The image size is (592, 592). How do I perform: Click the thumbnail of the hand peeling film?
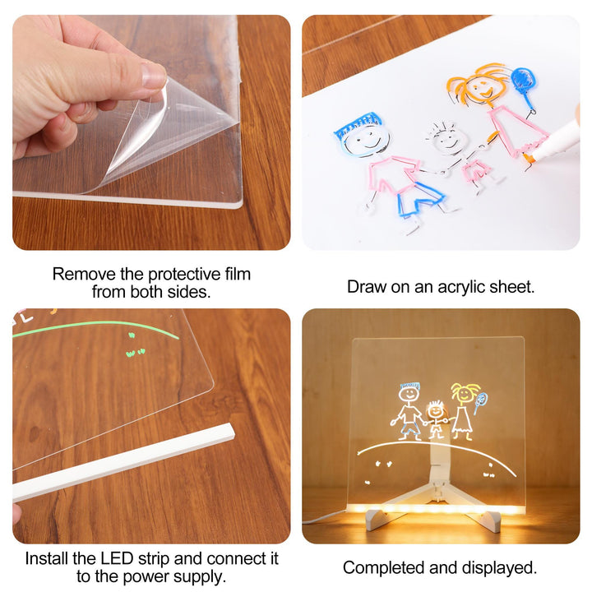[x=150, y=132]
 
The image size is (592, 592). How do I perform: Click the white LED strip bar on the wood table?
[x=123, y=462]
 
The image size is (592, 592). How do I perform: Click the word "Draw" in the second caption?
[x=365, y=287]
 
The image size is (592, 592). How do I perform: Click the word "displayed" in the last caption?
[x=499, y=567]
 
